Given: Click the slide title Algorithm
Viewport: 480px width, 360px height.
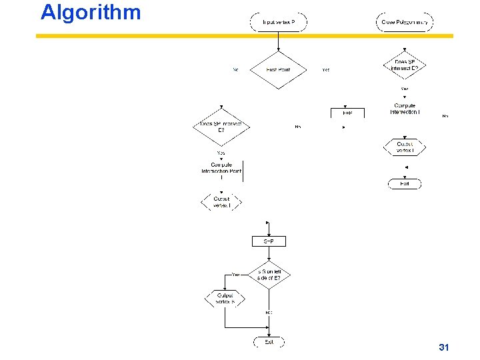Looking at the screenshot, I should tap(91, 12).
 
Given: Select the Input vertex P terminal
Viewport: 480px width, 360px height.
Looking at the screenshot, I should tap(278, 22).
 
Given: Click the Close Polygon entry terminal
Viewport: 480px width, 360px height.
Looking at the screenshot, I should tap(405, 22).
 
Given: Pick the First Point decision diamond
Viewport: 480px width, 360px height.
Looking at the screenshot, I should tap(278, 69).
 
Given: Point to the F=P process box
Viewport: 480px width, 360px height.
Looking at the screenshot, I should tap(347, 113).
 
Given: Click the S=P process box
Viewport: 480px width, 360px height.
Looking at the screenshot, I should tap(269, 241).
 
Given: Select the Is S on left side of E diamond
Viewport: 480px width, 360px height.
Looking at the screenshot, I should tap(269, 275).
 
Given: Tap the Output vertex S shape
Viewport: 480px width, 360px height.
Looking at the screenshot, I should tap(225, 299).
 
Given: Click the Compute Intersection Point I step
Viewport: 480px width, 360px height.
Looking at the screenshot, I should tap(221, 171).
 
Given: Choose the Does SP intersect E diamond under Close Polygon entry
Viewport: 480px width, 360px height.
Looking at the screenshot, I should tap(405, 65).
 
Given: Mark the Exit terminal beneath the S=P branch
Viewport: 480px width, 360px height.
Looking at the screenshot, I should tap(269, 342).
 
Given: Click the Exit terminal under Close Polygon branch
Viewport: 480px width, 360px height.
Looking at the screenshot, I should tap(405, 183).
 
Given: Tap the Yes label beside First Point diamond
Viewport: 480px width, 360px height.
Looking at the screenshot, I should tap(325, 69).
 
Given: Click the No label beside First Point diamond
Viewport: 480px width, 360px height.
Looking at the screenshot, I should tap(235, 69).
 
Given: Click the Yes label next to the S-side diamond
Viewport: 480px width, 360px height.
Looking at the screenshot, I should tap(235, 274).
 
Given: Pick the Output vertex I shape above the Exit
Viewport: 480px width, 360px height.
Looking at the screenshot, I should tap(405, 147).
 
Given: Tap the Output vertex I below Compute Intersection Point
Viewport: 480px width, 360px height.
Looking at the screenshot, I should tap(221, 202).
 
